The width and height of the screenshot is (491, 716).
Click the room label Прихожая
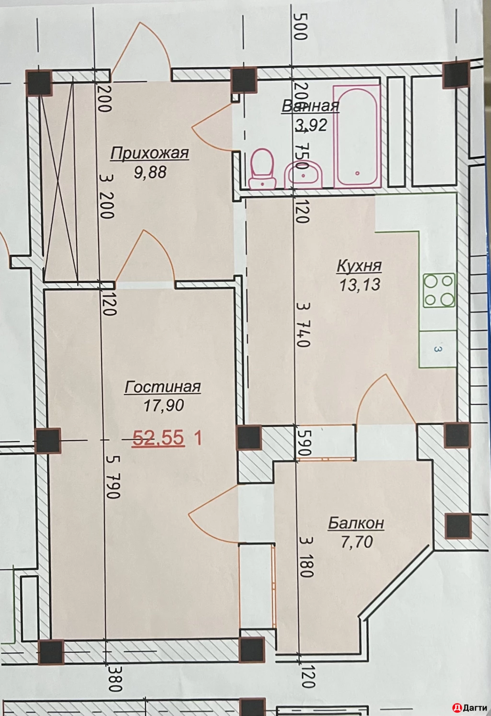[150, 153]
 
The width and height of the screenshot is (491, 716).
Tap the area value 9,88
[150, 172]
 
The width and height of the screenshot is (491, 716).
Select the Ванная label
[310, 106]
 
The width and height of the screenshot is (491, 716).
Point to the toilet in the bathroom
[263, 168]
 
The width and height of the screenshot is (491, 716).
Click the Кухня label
[359, 265]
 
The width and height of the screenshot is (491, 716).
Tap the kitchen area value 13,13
[360, 284]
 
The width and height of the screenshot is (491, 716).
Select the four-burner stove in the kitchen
[439, 290]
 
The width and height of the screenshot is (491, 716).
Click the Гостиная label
[163, 387]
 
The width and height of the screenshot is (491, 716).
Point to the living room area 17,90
[164, 405]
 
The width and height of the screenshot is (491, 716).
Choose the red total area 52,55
[158, 438]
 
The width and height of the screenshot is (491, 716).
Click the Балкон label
[356, 523]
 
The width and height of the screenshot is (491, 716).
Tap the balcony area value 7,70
[357, 542]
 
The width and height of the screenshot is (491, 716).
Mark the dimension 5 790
[113, 477]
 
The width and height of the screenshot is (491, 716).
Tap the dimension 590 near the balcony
[305, 443]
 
